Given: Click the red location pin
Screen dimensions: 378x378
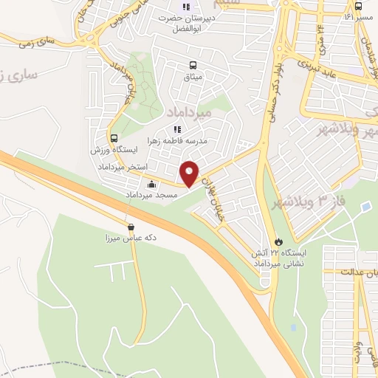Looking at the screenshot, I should tap(190, 173).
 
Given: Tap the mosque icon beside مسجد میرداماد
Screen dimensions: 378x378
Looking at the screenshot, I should tap(152, 185).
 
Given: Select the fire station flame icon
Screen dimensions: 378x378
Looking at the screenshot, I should tap(278, 241).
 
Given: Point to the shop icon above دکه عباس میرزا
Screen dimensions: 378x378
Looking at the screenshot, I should tap(131, 227).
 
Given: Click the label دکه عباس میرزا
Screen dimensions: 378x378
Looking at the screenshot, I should tap(131, 238).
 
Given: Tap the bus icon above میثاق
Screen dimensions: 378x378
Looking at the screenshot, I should tap(193, 64).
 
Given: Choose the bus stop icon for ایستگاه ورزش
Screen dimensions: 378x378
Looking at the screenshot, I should tap(114, 138).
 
